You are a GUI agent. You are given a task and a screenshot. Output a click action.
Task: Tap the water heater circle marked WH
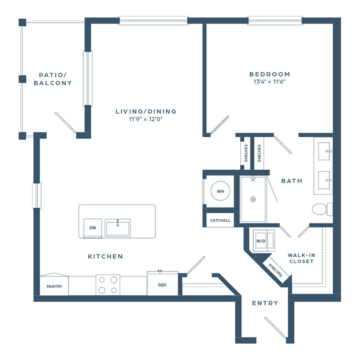[x=220, y=191]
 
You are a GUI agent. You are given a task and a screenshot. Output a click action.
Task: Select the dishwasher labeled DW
[x=93, y=228]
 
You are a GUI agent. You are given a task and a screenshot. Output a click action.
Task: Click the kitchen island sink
[x=118, y=228]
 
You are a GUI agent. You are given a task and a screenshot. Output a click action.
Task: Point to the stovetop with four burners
[x=108, y=285]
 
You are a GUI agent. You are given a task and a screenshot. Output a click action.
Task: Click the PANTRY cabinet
[x=54, y=284]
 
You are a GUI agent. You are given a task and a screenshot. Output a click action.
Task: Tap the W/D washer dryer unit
[x=264, y=241]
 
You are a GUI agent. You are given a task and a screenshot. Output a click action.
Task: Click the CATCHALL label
[x=220, y=220]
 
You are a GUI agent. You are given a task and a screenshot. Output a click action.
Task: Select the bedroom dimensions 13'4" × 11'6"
[x=270, y=82]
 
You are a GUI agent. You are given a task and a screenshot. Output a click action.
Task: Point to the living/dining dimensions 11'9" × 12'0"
[x=146, y=119]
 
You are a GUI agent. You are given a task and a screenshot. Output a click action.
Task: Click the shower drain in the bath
[x=253, y=199]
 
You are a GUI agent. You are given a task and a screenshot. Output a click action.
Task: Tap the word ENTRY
[x=265, y=303]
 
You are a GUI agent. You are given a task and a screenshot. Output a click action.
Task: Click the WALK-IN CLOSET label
[x=302, y=258]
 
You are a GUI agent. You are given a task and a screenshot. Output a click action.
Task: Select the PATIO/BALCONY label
[x=53, y=79]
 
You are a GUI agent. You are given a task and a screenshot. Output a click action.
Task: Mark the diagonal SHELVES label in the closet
[x=275, y=270]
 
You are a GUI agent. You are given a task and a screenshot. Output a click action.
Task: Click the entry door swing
[x=276, y=328]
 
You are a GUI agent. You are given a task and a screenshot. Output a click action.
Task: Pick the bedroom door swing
[x=220, y=125]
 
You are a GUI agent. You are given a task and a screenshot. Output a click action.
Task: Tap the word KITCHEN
[x=105, y=256]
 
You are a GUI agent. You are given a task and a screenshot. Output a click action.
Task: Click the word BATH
[x=292, y=181]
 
